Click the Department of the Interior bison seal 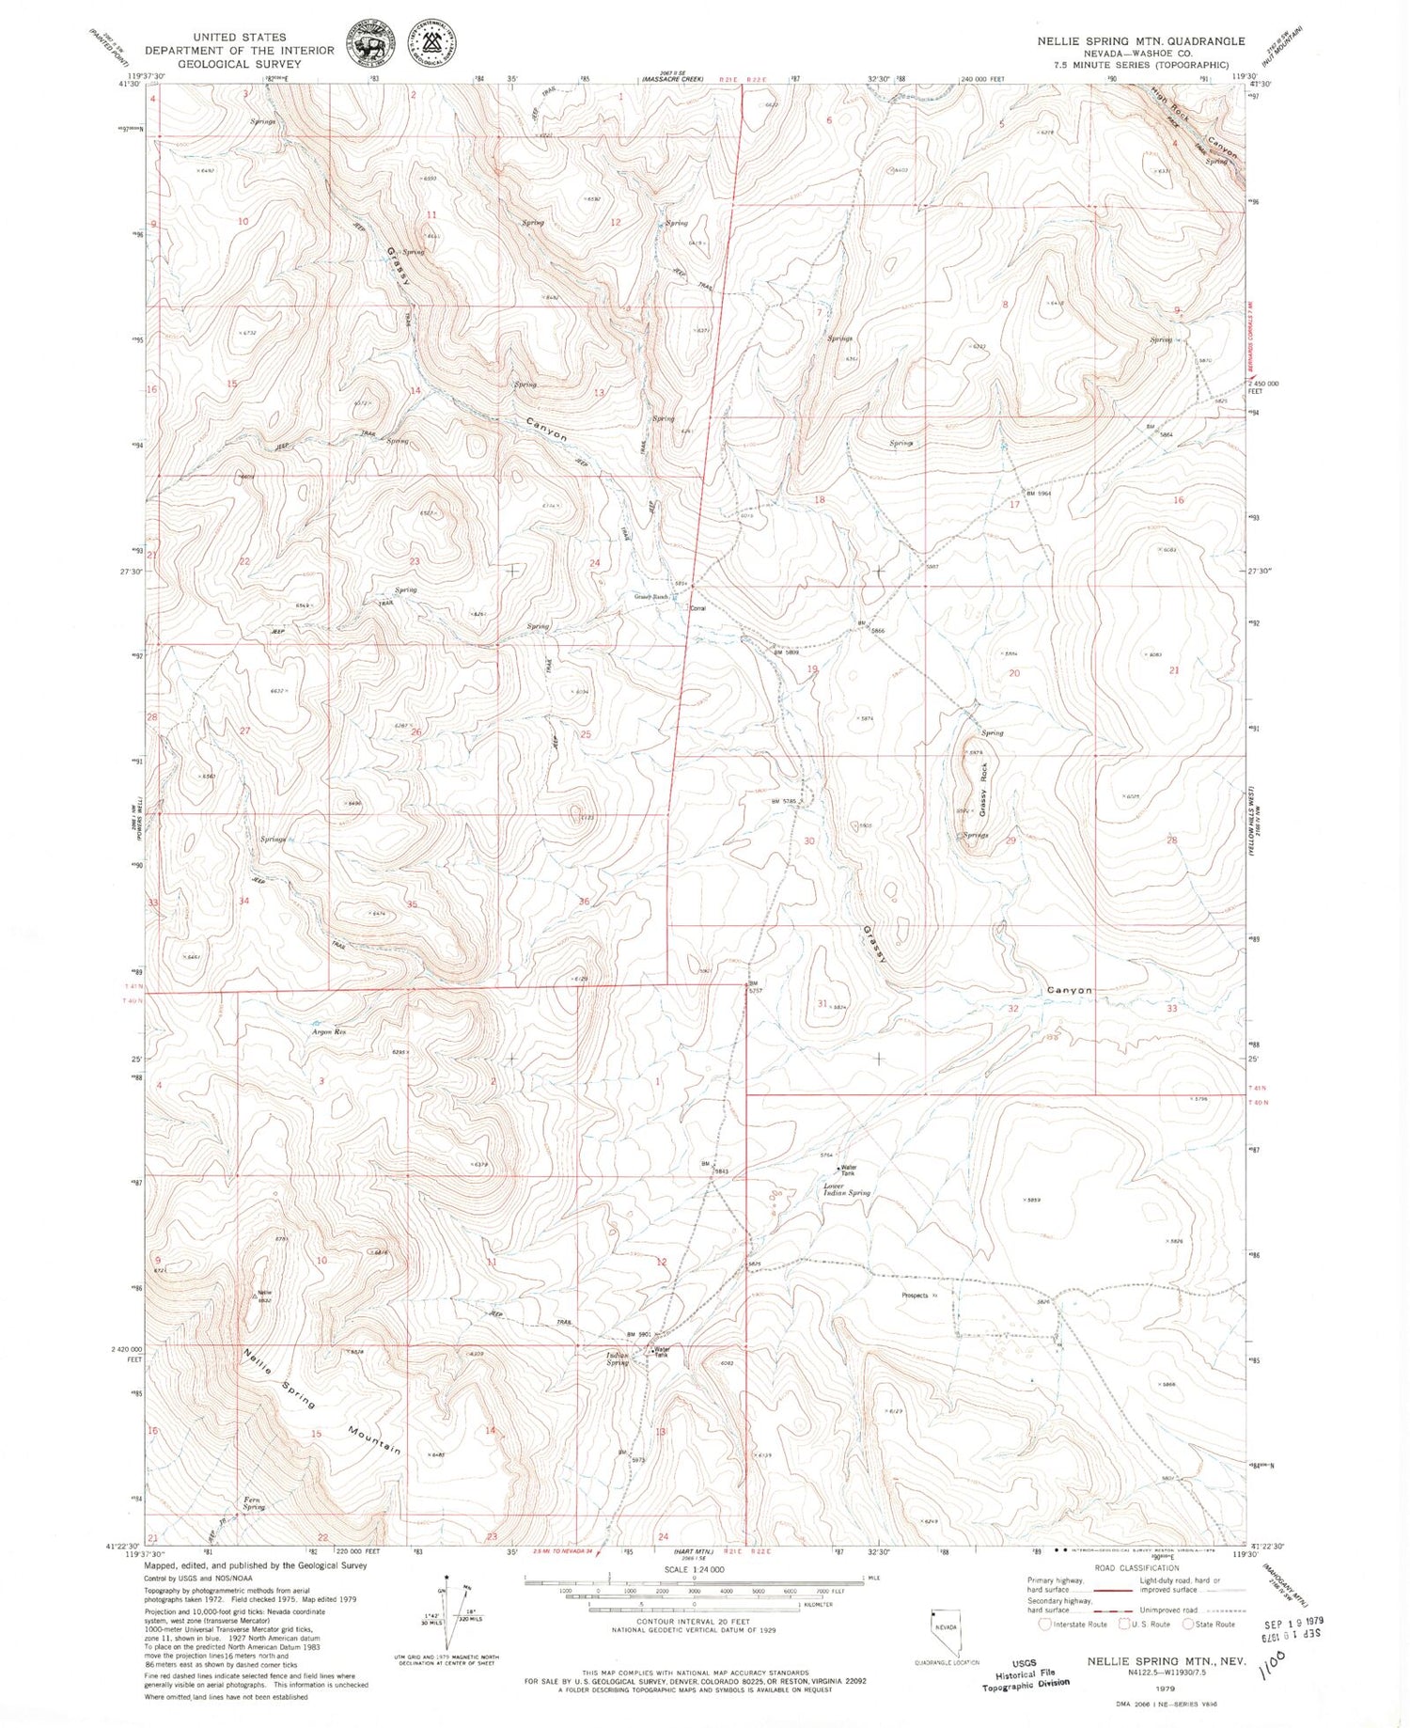(370, 44)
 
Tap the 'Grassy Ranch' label (650, 597)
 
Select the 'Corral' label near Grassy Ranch (698, 608)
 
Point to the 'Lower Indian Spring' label (847, 1189)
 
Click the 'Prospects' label (915, 1296)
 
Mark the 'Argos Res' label (329, 1032)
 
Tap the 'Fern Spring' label (253, 1503)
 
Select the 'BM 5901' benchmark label (638, 1335)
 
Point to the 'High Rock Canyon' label (1196, 122)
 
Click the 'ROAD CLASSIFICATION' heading (1136, 1568)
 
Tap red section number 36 (584, 902)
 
